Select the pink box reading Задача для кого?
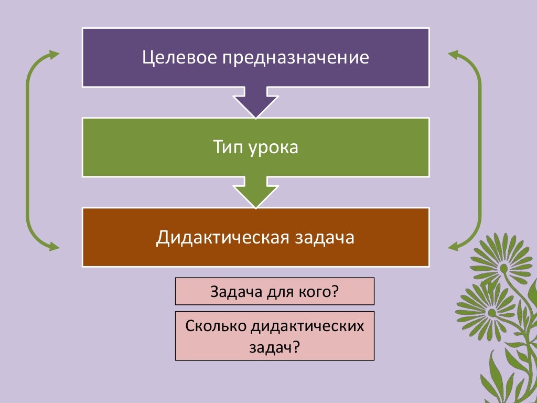(274, 291)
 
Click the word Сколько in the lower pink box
(214, 326)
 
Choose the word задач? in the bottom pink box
(274, 346)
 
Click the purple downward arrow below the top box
(255, 102)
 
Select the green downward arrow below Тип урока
(255, 193)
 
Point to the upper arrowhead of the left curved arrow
(53, 55)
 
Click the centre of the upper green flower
(504, 268)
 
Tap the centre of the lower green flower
(492, 312)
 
